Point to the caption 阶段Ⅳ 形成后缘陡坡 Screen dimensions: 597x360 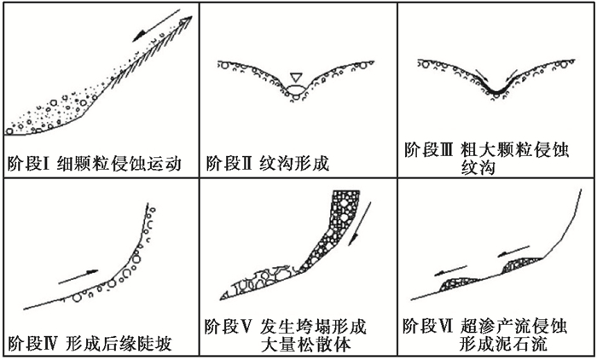tap(89, 345)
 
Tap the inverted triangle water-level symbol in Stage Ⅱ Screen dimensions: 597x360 tap(296, 76)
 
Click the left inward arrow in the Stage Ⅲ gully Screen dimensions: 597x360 tap(480, 75)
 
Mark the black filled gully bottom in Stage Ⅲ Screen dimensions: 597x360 tap(497, 88)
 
